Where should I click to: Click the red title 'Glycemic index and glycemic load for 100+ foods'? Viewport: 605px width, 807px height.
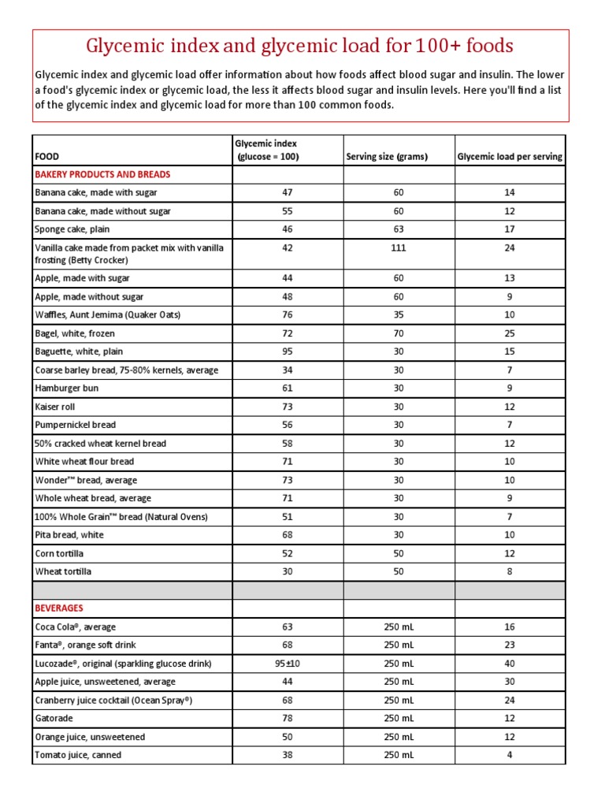pyautogui.click(x=299, y=46)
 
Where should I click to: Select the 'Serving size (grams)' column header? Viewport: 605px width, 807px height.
pyautogui.click(x=387, y=156)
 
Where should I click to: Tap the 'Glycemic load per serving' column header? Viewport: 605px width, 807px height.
pyautogui.click(x=510, y=156)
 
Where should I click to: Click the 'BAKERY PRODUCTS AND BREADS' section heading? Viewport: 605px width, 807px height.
pyautogui.click(x=102, y=174)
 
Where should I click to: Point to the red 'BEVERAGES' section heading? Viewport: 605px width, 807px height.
pyautogui.click(x=59, y=608)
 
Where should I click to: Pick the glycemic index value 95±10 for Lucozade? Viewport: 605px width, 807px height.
pyautogui.click(x=287, y=664)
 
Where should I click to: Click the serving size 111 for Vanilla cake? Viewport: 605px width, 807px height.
pyautogui.click(x=399, y=247)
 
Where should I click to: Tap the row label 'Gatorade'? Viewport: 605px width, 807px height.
pyautogui.click(x=54, y=719)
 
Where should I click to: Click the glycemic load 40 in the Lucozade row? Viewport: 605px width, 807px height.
pyautogui.click(x=510, y=664)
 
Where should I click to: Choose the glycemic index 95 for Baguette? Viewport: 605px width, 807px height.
pyautogui.click(x=287, y=351)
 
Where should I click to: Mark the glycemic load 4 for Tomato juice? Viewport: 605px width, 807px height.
pyautogui.click(x=510, y=755)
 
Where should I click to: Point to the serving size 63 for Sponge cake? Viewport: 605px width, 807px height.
pyautogui.click(x=399, y=229)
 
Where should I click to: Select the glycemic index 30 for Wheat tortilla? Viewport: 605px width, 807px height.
pyautogui.click(x=287, y=571)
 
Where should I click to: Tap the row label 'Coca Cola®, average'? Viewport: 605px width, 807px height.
pyautogui.click(x=76, y=627)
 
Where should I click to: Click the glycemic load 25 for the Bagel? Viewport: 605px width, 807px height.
pyautogui.click(x=510, y=333)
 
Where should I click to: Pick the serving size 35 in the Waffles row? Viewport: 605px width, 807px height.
pyautogui.click(x=399, y=314)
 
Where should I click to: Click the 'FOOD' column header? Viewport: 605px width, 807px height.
pyautogui.click(x=47, y=156)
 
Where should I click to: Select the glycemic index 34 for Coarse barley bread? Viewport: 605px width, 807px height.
pyautogui.click(x=287, y=370)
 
